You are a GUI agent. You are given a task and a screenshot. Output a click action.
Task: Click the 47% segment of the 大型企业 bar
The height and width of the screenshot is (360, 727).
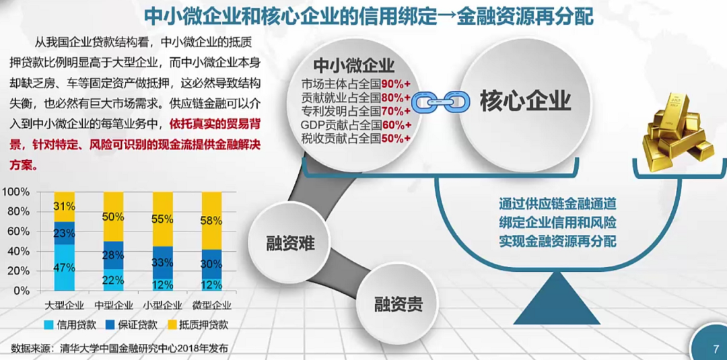(64, 267)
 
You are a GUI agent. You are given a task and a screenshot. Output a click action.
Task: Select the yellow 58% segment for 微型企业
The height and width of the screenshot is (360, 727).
(211, 221)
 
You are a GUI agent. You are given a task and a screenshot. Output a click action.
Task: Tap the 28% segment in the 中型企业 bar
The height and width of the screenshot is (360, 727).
(113, 255)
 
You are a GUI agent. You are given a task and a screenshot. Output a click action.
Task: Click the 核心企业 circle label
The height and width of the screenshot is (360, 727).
(525, 101)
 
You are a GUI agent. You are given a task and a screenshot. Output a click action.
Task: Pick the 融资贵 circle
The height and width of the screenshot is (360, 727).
(399, 304)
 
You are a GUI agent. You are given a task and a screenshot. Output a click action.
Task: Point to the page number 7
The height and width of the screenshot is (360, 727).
(715, 349)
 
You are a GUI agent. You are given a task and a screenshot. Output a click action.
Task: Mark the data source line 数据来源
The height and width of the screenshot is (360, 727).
(120, 348)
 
